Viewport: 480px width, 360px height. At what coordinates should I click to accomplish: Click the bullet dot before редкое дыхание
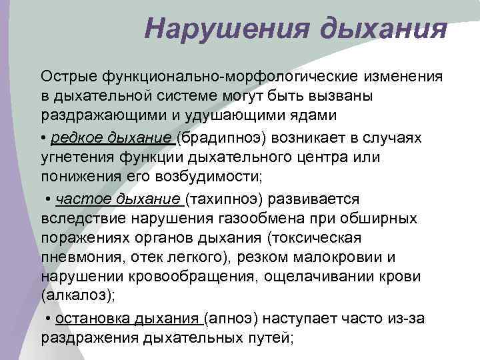[x=44, y=137]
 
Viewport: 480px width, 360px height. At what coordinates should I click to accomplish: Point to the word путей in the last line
[x=269, y=337]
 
